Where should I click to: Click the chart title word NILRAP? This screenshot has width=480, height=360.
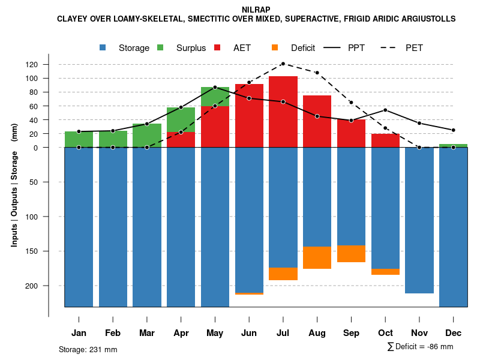coord(256,10)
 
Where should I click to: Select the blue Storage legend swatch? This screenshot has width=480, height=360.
coord(103,47)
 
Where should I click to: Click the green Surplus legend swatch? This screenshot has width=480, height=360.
coord(160,47)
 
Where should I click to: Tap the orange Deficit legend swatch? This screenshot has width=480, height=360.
coord(275,47)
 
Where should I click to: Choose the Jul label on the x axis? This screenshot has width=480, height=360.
coord(283,333)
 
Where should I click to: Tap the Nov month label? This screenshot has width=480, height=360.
coord(419,333)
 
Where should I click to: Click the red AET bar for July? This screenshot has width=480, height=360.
coord(283,112)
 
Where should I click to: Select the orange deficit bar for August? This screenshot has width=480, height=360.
coord(317,257)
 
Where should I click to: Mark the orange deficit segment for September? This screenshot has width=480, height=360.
coord(352,254)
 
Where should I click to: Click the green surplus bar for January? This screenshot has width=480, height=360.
coord(79,139)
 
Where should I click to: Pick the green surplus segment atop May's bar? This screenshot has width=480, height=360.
coord(215,97)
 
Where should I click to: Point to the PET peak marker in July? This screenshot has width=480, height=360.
coord(283,64)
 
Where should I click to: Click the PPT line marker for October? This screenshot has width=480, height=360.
coord(385,110)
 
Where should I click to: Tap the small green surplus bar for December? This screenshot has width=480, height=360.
coord(454,146)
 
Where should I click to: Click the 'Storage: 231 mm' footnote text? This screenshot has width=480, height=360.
coord(88,349)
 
